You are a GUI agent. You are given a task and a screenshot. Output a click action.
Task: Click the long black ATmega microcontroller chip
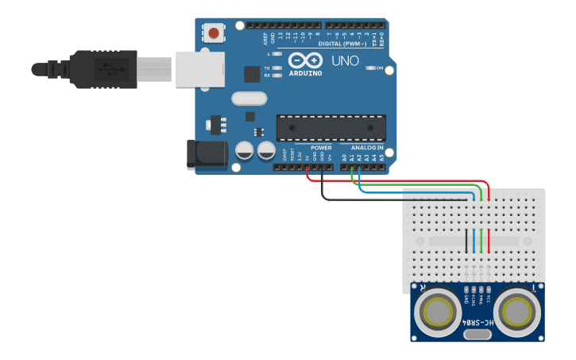(x=331, y=127)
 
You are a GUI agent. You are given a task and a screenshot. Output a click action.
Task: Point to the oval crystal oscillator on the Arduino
(x=249, y=99)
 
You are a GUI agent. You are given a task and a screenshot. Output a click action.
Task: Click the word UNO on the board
(x=345, y=60)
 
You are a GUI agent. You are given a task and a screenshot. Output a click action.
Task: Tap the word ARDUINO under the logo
(x=306, y=73)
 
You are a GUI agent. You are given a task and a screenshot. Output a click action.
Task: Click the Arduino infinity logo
(x=306, y=60)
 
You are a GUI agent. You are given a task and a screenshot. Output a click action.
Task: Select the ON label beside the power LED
(x=380, y=68)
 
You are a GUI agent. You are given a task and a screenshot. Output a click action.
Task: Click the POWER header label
(x=321, y=148)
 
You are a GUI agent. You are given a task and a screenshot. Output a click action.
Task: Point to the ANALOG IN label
(x=367, y=148)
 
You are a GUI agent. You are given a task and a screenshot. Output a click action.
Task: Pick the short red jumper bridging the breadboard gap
(x=489, y=240)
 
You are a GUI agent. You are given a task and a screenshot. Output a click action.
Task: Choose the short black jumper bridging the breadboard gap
(x=466, y=240)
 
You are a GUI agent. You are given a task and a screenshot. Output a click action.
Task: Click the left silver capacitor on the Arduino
(x=245, y=149)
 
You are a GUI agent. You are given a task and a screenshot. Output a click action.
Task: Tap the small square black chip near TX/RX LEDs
(x=252, y=74)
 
